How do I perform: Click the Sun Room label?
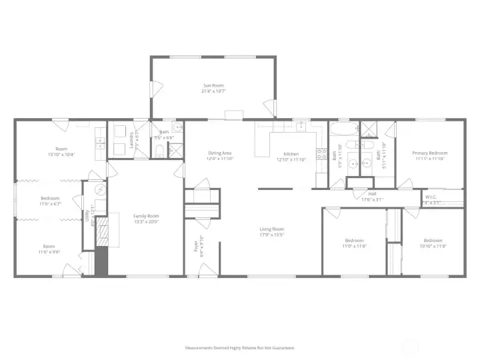pyautogui.click(x=213, y=85)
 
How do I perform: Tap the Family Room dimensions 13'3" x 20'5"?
pyautogui.click(x=145, y=222)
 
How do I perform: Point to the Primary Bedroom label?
pyautogui.click(x=430, y=153)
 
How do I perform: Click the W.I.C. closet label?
pyautogui.click(x=430, y=197)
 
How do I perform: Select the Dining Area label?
pyautogui.click(x=219, y=153)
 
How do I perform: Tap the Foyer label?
pyautogui.click(x=195, y=247)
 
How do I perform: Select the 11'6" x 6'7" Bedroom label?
pyautogui.click(x=50, y=198)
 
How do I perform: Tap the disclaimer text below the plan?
pyautogui.click(x=240, y=347)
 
